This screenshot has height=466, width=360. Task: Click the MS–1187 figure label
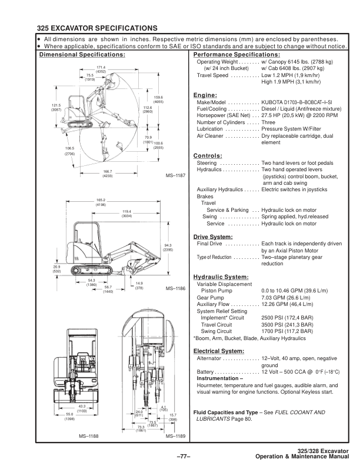(175, 175)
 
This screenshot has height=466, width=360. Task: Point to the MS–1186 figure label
(175, 289)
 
